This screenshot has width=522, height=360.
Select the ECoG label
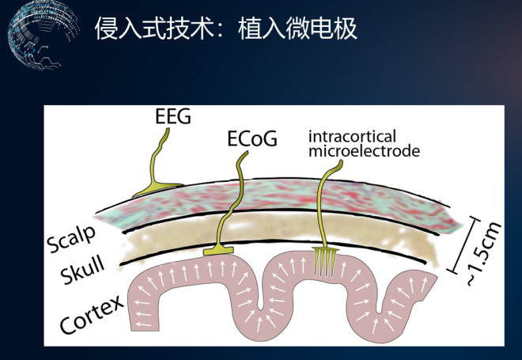(x=252, y=140)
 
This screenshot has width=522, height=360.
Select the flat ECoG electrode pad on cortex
(x=221, y=251)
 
